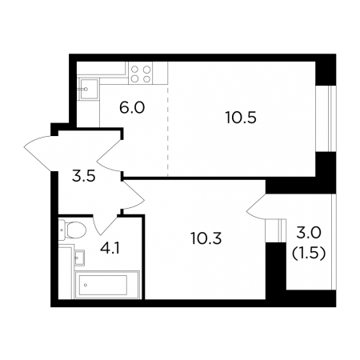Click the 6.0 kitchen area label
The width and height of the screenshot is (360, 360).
tap(132, 108)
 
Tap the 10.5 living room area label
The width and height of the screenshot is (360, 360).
tap(241, 118)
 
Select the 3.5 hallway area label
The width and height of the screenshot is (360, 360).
tap(83, 177)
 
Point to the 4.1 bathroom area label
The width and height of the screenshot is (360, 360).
tap(110, 248)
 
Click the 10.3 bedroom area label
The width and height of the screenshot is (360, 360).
tap(206, 238)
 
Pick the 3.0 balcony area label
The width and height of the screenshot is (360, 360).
tap(309, 233)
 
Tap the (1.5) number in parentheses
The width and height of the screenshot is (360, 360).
tap(309, 253)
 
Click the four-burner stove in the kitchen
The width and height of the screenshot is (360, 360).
tap(141, 74)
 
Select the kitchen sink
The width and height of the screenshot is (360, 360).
tap(88, 89)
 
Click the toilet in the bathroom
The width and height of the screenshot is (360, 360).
tap(73, 230)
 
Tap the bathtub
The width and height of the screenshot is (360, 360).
tap(106, 285)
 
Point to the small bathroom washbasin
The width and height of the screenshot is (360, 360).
tap(79, 258)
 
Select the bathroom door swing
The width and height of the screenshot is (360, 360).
tap(105, 225)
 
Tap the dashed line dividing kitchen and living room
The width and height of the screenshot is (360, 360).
tap(168, 130)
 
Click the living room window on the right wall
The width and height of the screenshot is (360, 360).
tap(326, 118)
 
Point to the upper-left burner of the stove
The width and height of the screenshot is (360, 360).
tap(135, 70)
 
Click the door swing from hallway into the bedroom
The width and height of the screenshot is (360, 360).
tap(134, 194)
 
